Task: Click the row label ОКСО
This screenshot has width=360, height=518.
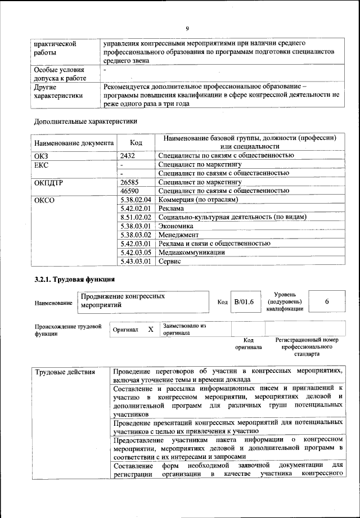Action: (44, 200)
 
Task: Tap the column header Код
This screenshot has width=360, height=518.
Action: (136, 143)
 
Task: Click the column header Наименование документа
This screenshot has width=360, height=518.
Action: (74, 143)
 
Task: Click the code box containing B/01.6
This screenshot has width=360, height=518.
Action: (244, 302)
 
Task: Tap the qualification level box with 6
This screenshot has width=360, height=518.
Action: (327, 302)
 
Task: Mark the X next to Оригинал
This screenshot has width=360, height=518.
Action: (150, 330)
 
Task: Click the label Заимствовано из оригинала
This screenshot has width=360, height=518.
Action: (184, 329)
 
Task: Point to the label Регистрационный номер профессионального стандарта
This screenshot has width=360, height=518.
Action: (306, 347)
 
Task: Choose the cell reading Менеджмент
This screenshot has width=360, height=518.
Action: (178, 235)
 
